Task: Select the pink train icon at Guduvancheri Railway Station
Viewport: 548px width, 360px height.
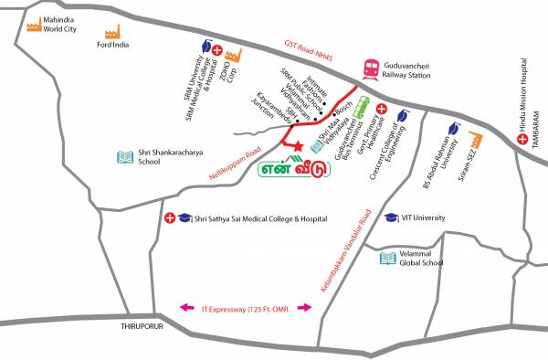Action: (x=372, y=68)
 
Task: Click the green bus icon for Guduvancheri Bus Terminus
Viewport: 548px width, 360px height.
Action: (x=362, y=104)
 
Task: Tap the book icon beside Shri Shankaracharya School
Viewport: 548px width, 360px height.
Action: (x=125, y=156)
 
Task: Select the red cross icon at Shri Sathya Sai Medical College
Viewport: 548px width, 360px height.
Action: (x=170, y=218)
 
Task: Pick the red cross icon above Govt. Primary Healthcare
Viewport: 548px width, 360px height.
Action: (x=381, y=111)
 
